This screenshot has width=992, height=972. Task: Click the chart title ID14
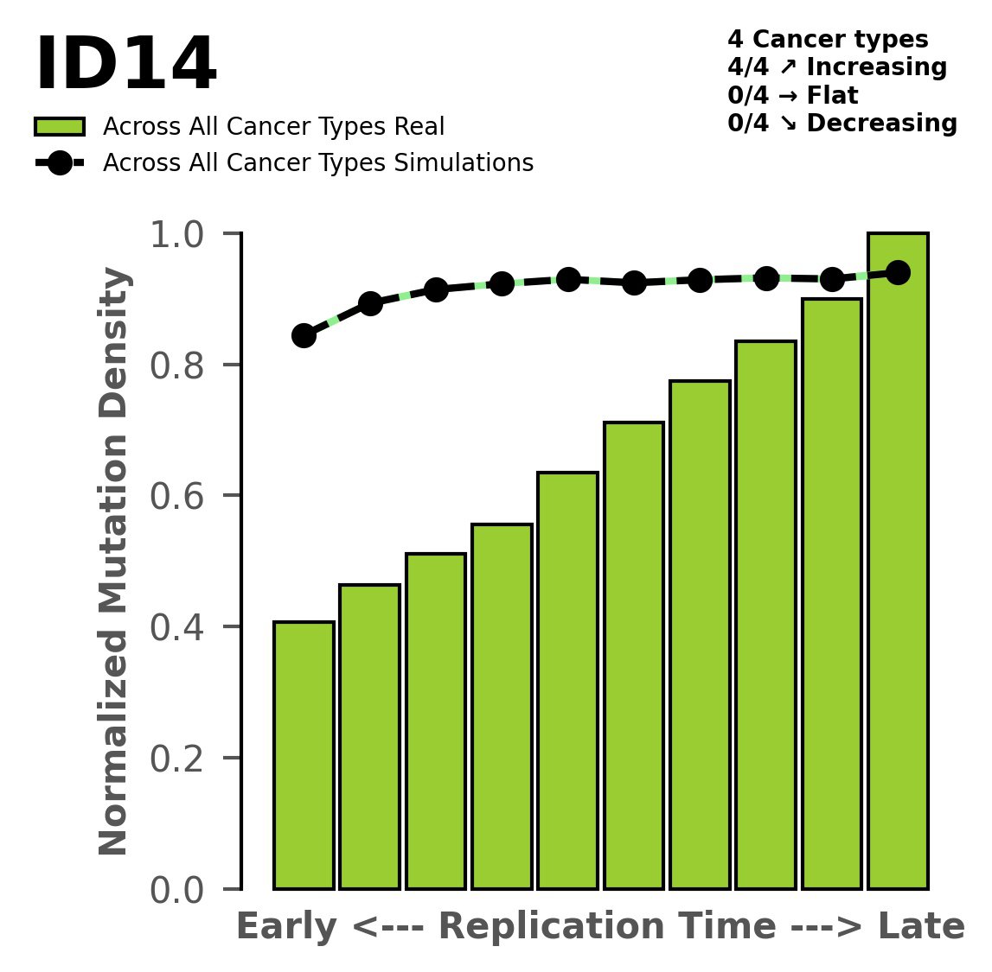[125, 66]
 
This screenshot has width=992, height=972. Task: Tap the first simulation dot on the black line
[304, 335]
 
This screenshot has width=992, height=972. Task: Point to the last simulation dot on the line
[898, 273]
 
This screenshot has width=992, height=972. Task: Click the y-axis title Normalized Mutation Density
[114, 562]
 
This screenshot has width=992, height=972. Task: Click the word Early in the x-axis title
[286, 927]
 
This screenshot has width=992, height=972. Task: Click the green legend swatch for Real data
[60, 127]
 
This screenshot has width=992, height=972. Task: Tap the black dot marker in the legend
[60, 163]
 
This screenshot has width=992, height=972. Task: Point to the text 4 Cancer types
[828, 40]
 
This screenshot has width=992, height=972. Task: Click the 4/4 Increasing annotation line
[836, 67]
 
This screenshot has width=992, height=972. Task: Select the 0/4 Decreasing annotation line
[842, 124]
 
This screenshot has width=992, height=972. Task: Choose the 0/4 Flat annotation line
[792, 96]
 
